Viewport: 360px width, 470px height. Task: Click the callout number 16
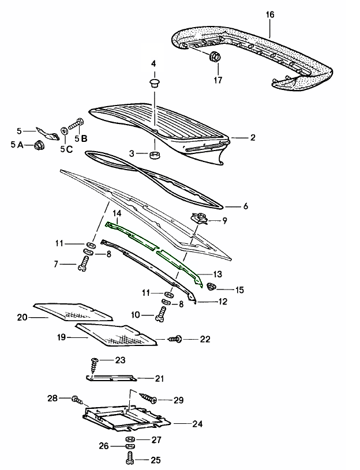click(269, 14)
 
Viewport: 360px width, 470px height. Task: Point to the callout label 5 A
click(17, 145)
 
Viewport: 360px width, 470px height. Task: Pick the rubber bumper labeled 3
click(154, 155)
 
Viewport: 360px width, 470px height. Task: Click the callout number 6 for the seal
click(245, 206)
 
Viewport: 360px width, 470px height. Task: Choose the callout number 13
click(217, 274)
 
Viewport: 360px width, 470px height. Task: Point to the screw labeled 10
click(162, 314)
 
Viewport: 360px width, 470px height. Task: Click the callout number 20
click(22, 317)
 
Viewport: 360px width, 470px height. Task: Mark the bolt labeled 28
click(77, 399)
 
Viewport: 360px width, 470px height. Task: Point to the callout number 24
click(197, 424)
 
